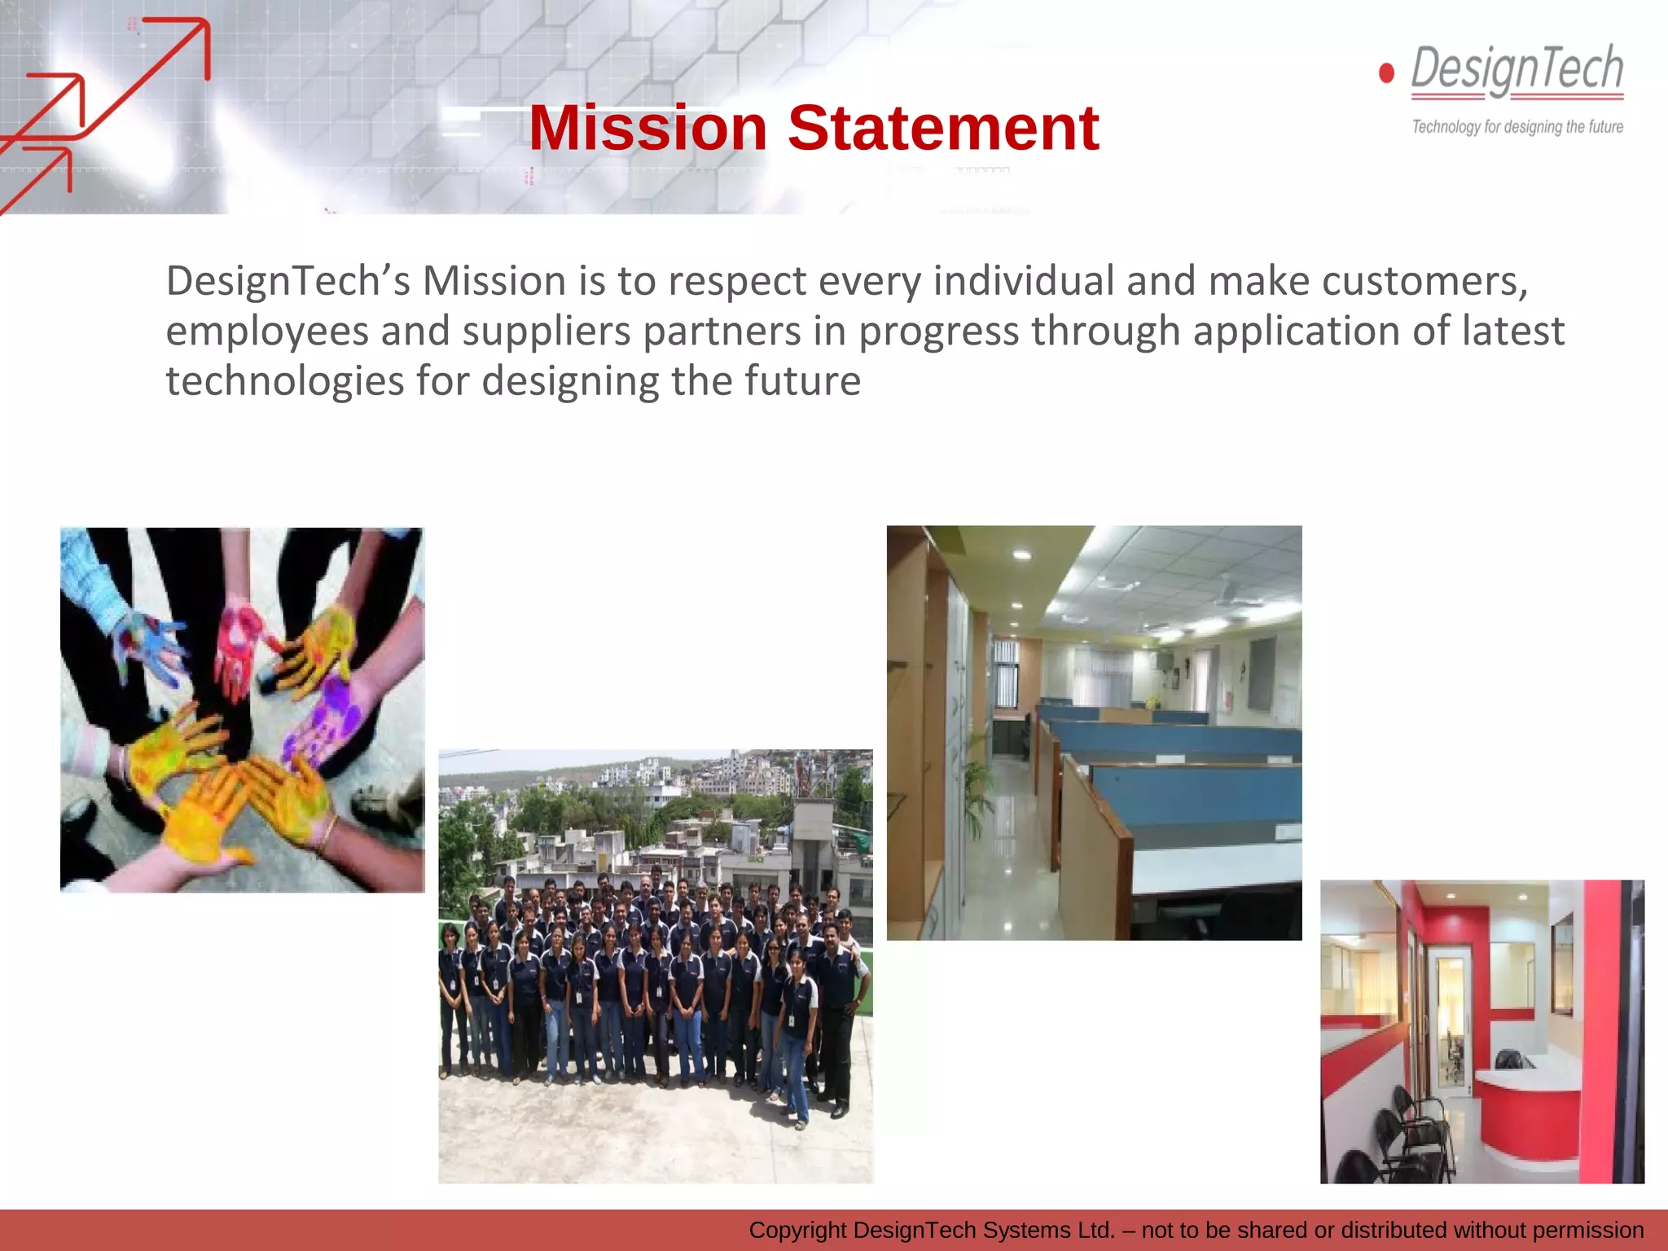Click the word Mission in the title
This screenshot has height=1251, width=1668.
pos(647,129)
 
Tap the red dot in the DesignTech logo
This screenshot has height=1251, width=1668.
pos(1386,73)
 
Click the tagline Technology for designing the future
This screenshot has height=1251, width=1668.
pos(1517,127)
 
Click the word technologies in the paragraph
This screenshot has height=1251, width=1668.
pos(284,381)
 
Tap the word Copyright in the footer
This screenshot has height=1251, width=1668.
pos(797,1230)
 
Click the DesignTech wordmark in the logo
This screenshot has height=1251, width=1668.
pos(1517,69)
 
